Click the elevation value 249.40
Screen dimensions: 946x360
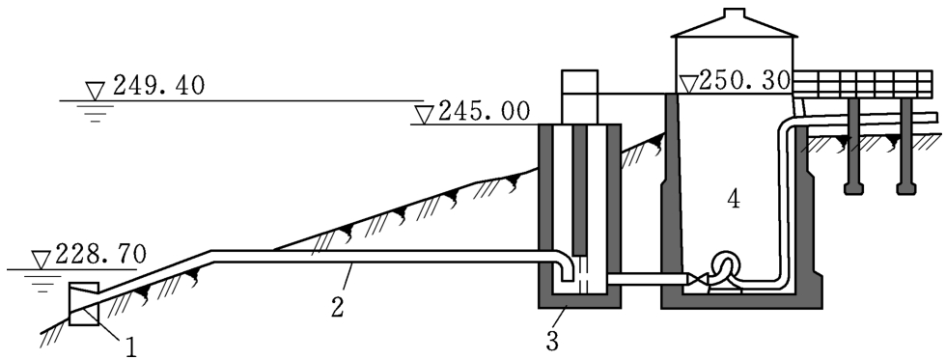point(158,86)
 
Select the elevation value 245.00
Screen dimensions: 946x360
point(484,112)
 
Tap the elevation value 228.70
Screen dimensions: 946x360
point(100,255)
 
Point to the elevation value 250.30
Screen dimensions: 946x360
point(744,80)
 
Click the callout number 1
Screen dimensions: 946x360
point(131,346)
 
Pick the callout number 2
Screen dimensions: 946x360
point(337,306)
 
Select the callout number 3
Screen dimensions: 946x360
point(552,341)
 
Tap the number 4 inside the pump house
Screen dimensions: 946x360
point(733,200)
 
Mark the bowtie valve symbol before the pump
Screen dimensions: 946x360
point(698,279)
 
